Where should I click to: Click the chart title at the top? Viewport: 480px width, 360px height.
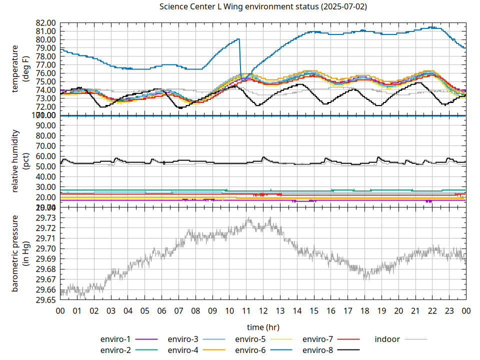(263, 7)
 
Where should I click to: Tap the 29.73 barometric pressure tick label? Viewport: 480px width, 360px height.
(45, 217)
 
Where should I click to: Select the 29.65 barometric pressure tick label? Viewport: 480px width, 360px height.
(45, 300)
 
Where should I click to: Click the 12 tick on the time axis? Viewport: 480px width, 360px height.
(263, 310)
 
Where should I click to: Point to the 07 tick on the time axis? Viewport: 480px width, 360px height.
(178, 310)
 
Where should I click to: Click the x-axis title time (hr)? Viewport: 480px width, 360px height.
(263, 327)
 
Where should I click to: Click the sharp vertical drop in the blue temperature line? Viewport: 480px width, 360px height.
(240, 57)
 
